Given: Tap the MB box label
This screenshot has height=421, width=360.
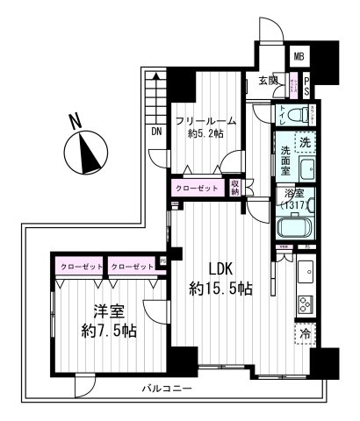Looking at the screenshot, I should pos(299,57).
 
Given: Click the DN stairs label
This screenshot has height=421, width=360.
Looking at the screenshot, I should pos(156,132).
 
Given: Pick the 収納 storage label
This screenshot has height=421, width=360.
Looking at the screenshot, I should pos(235,187).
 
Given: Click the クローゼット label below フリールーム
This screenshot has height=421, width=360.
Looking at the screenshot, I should pos(196,188).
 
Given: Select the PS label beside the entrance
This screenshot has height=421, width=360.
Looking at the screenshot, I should pos(307,85).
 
